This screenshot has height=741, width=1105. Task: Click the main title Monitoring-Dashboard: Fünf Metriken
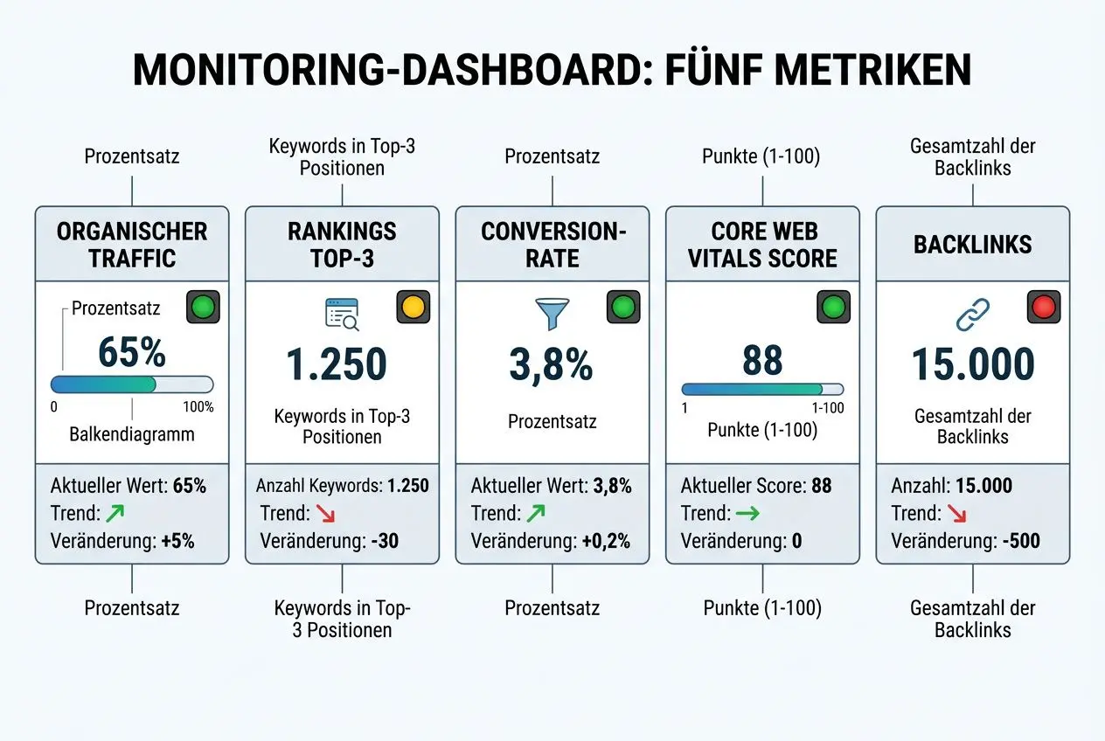[552, 70]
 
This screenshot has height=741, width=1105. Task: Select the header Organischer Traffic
[132, 245]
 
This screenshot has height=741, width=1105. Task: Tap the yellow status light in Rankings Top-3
[413, 308]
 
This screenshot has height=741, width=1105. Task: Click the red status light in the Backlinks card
[1044, 308]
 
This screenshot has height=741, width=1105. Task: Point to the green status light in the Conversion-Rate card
[623, 308]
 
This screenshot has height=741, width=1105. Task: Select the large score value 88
[762, 359]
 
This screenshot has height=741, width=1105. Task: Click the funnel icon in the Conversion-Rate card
[552, 314]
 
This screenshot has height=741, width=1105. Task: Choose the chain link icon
[972, 314]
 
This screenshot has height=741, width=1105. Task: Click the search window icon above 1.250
[342, 315]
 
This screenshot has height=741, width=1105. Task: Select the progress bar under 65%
[132, 384]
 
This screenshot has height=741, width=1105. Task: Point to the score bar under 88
[762, 390]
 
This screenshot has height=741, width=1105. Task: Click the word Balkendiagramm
[132, 434]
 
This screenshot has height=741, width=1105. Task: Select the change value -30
[384, 541]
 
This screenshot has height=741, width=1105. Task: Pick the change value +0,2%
[605, 541]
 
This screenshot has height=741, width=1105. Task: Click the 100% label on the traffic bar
[198, 407]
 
